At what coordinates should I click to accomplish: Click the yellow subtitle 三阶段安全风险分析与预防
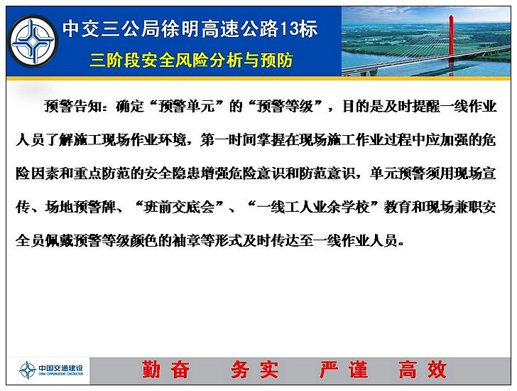[192, 60]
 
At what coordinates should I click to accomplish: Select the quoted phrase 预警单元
[187, 106]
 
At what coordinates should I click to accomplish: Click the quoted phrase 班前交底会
[180, 207]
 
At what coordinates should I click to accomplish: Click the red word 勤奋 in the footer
[166, 370]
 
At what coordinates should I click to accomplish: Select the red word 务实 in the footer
[254, 370]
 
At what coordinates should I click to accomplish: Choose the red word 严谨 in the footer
[344, 370]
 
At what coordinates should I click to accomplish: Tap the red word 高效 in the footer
[423, 370]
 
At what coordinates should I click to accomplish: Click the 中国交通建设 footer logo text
[60, 368]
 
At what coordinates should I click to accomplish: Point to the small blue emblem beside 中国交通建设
[28, 370]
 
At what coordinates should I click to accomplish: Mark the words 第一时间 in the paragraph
[229, 140]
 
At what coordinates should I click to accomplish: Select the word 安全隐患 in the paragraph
[172, 173]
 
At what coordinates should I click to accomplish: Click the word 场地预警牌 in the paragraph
[80, 207]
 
